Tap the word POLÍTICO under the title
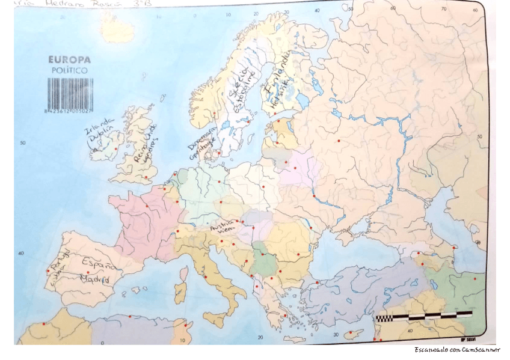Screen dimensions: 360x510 pyautogui.click(x=69, y=70)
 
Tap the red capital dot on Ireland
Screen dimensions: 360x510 pyautogui.click(x=115, y=148)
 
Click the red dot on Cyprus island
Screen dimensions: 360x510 pyautogui.click(x=351, y=332)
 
